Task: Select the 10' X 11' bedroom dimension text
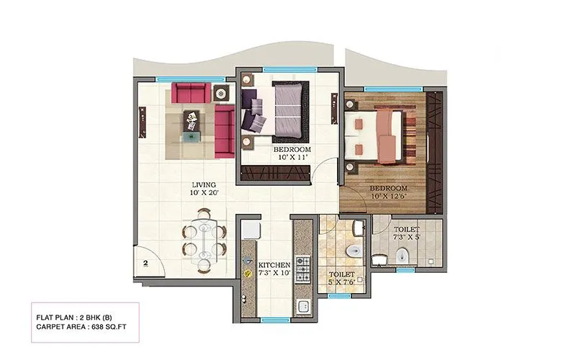tap(292, 158)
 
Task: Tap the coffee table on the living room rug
tap(192, 122)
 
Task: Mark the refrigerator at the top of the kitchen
tap(251, 230)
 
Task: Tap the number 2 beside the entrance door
tap(145, 264)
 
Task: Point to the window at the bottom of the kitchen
tap(274, 319)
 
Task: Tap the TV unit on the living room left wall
tap(142, 122)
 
